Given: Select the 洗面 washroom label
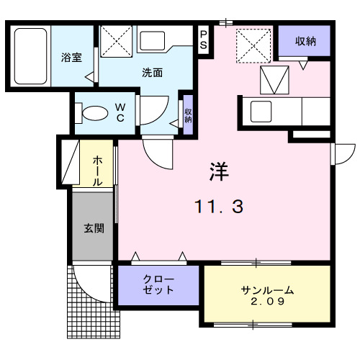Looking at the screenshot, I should coord(151,73).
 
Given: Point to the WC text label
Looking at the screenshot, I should coord(120,112).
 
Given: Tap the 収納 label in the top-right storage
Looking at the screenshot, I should coord(306,40).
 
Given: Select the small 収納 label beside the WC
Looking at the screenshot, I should coord(187,115).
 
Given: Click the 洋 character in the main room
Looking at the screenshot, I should coord(219,171).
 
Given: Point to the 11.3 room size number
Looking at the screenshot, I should coord(219,207).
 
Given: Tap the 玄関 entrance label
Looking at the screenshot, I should coord(94,229).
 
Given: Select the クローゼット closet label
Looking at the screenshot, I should coord(158,285).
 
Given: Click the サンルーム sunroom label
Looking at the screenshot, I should coord(267,290).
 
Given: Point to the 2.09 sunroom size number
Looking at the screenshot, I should coord(267,302).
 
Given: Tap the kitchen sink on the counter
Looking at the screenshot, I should coord(260,112).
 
